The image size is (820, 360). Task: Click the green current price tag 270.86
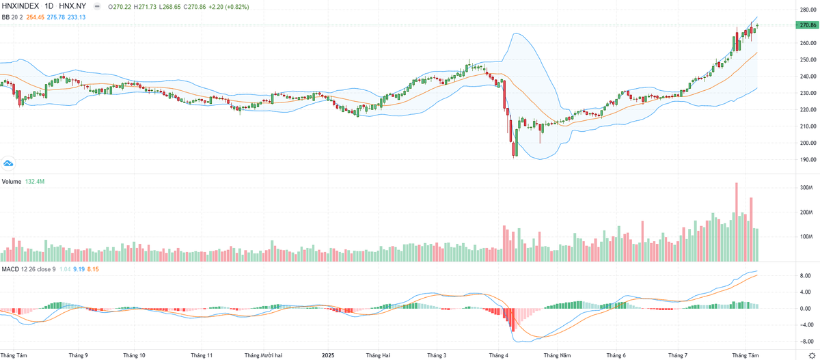tap(807, 25)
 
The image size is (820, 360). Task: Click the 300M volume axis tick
tap(806, 188)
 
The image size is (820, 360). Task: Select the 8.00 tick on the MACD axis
tap(806, 276)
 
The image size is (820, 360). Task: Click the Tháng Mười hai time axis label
tap(264, 355)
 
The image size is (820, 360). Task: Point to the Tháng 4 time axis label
tap(498, 355)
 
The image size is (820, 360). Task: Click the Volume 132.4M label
tap(23, 182)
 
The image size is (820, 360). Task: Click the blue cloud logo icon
tap(8, 163)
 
